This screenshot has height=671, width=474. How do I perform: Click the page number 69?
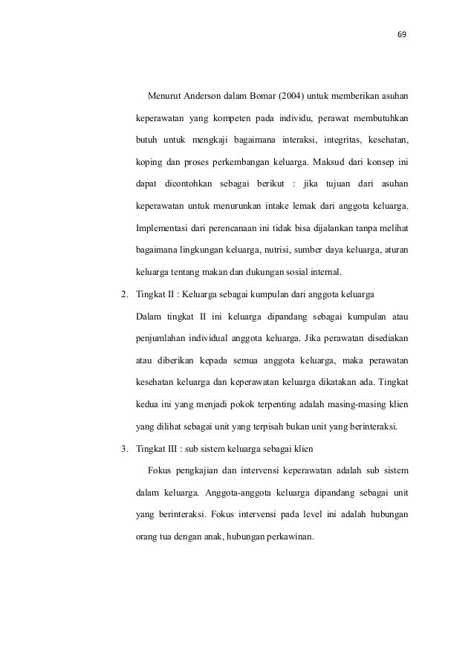pos(403,34)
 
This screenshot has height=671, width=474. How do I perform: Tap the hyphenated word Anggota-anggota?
pos(221,491)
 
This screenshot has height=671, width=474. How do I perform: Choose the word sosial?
pos(290,269)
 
